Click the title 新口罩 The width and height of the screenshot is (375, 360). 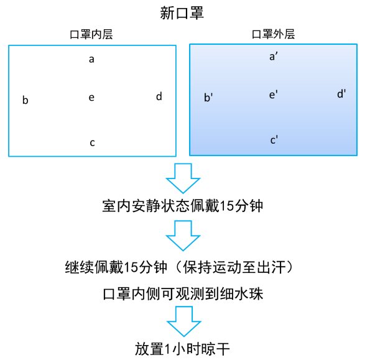(x=182, y=13)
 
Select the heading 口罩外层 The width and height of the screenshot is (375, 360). (x=273, y=35)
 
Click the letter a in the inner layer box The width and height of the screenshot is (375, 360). (x=91, y=60)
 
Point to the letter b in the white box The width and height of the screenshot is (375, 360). (x=25, y=99)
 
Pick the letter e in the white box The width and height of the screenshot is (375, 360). (x=91, y=98)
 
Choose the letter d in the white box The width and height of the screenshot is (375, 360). (x=159, y=96)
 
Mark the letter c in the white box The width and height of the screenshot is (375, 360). (x=92, y=143)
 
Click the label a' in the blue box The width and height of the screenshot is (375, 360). (x=273, y=57)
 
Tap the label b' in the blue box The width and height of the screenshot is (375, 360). (x=209, y=97)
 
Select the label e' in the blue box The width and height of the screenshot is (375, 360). (x=273, y=95)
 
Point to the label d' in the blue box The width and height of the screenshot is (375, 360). (x=341, y=94)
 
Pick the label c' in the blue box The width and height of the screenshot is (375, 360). (x=274, y=140)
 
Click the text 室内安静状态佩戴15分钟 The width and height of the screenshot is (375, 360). (x=182, y=206)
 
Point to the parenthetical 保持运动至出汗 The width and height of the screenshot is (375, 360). (x=239, y=267)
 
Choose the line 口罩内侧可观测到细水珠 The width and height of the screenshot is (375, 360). (x=182, y=293)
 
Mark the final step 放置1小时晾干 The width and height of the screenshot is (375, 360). (x=182, y=348)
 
